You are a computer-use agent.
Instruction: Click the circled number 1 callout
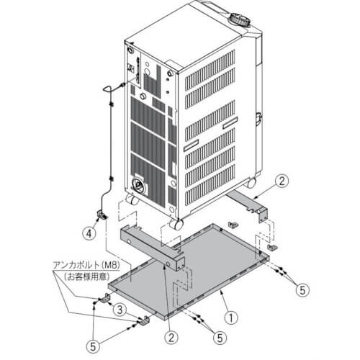pyautogui.click(x=231, y=318)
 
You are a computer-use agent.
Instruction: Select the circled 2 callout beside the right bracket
pyautogui.click(x=282, y=181)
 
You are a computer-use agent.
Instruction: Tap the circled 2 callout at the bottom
pyautogui.click(x=171, y=338)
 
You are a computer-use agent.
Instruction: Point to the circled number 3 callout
pyautogui.click(x=120, y=310)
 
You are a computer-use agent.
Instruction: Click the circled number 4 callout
pyautogui.click(x=89, y=233)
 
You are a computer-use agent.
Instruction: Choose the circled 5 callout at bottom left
pyautogui.click(x=93, y=346)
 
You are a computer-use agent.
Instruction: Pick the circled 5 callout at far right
pyautogui.click(x=302, y=290)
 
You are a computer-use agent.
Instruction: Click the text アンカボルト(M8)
pyautogui.click(x=86, y=265)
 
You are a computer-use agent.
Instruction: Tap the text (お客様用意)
pyautogui.click(x=87, y=276)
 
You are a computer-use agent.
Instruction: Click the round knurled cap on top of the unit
pyautogui.click(x=240, y=20)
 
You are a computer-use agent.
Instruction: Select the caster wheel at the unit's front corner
pyautogui.click(x=176, y=224)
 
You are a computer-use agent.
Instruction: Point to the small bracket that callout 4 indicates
pyautogui.click(x=101, y=215)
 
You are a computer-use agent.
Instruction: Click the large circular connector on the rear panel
pyautogui.click(x=138, y=185)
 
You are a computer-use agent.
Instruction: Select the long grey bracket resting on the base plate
pyautogui.click(x=153, y=249)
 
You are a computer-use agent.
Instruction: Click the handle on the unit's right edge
pyautogui.click(x=258, y=119)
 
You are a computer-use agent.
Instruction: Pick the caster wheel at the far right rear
pyautogui.click(x=251, y=183)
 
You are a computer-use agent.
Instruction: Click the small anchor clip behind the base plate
pyautogui.click(x=233, y=225)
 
